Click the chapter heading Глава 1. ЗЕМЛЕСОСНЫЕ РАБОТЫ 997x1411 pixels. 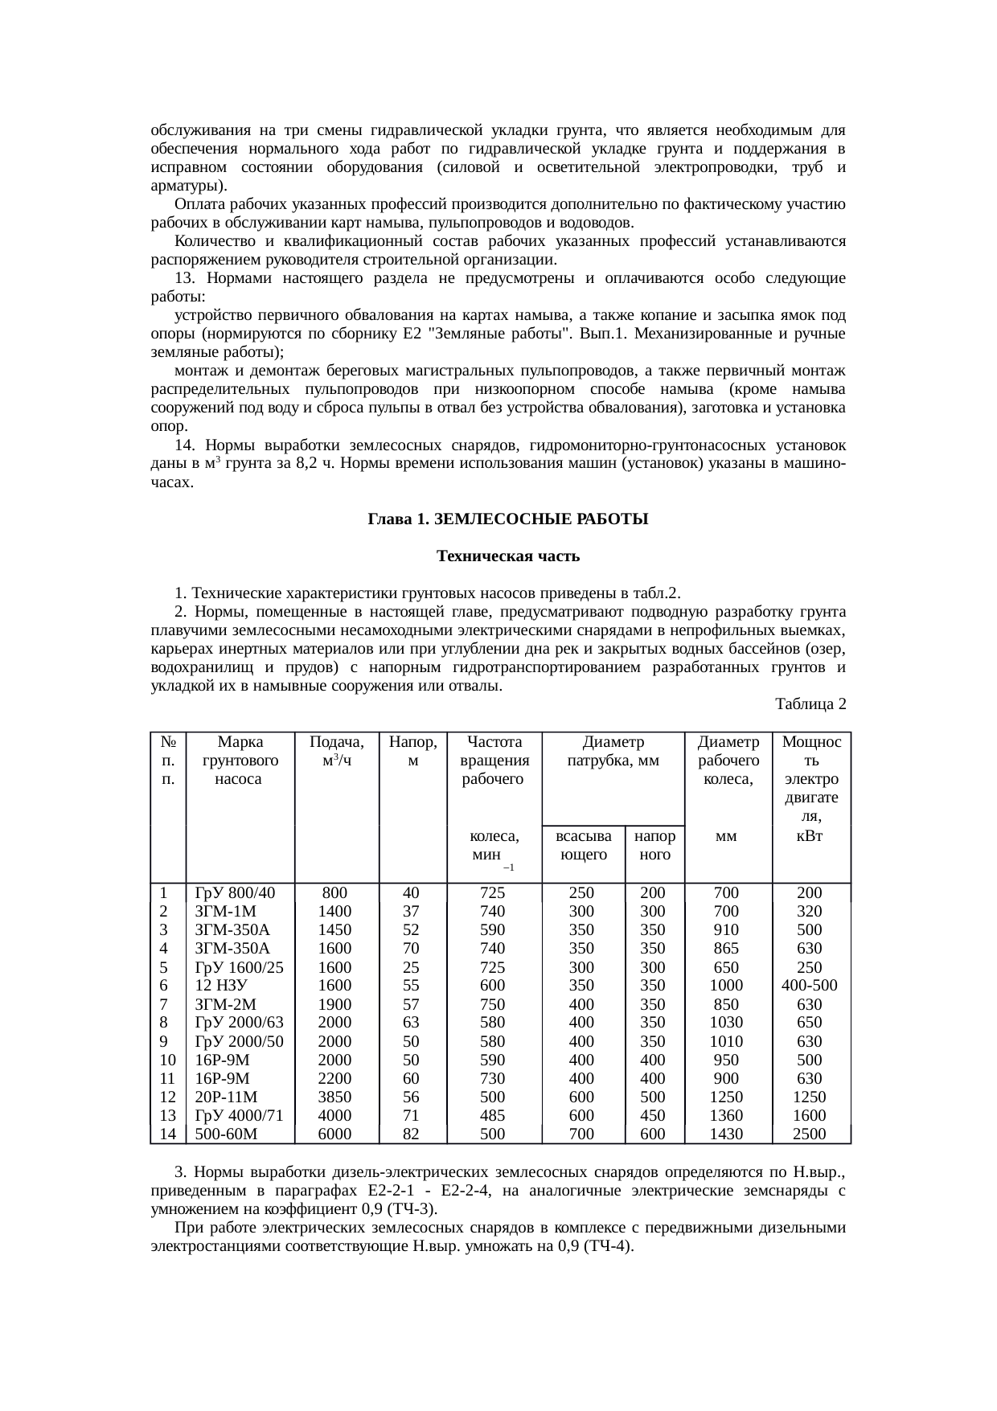(507, 520)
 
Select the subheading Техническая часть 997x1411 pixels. (507, 556)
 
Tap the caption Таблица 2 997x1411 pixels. (810, 704)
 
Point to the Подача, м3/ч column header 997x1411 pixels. (337, 751)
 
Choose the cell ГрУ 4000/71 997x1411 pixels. (240, 1116)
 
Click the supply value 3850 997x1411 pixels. (335, 1097)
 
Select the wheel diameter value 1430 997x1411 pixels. (727, 1134)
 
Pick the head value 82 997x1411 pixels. (411, 1134)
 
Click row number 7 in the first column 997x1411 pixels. (164, 1004)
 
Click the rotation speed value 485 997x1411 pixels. (492, 1116)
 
